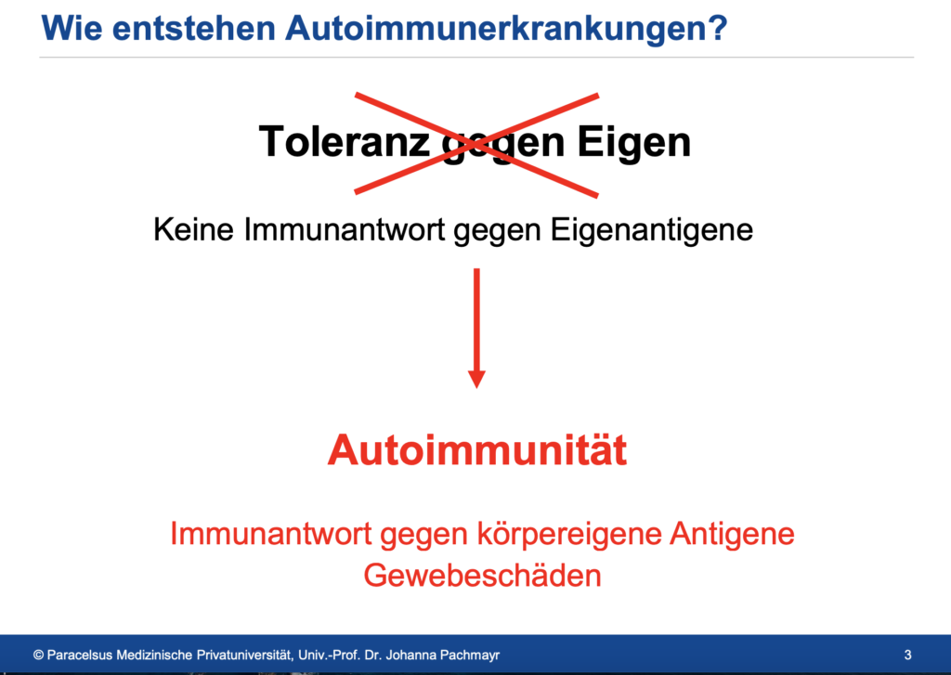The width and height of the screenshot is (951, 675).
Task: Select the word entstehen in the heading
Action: (194, 29)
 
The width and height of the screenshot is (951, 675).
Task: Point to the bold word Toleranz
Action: (345, 141)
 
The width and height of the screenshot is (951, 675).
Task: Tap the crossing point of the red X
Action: (476, 144)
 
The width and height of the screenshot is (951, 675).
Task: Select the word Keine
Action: (193, 229)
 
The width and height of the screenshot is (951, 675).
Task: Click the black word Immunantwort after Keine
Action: (345, 229)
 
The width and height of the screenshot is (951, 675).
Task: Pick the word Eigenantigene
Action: (651, 230)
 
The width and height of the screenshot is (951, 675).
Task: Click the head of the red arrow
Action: (476, 379)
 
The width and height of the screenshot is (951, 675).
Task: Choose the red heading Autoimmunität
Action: (477, 450)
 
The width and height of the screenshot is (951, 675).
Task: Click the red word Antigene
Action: (732, 535)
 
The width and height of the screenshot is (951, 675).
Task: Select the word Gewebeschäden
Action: (482, 575)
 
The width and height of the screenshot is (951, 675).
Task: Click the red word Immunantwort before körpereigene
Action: (270, 534)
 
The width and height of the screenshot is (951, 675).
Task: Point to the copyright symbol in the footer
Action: (38, 655)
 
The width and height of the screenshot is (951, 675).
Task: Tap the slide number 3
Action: (908, 655)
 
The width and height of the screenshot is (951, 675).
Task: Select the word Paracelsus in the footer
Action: (80, 655)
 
